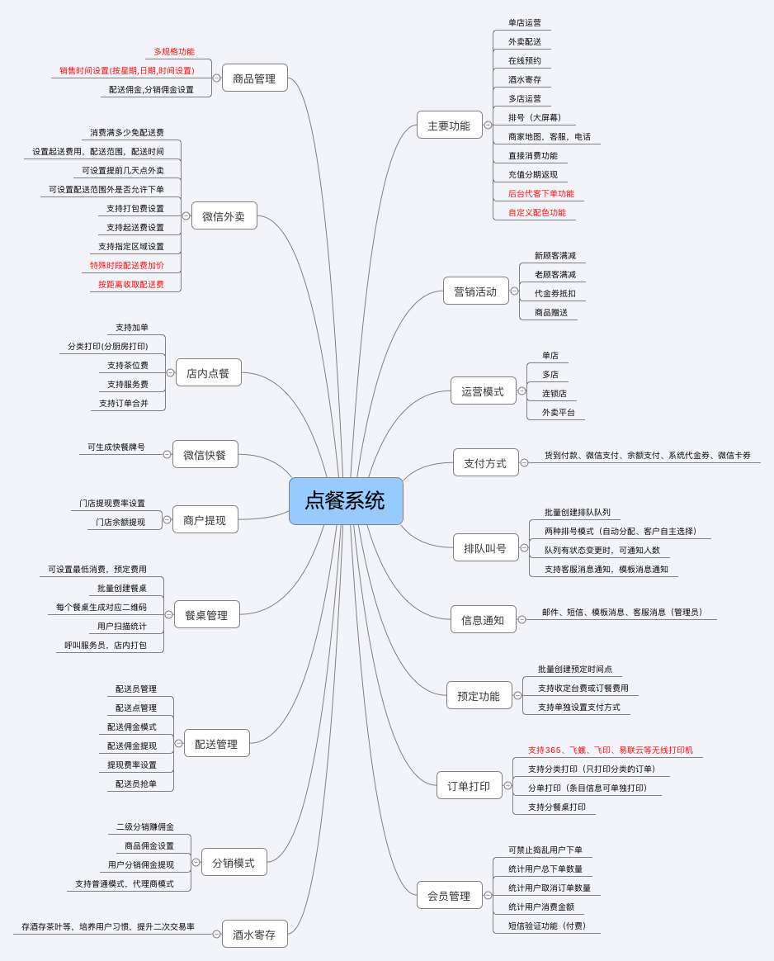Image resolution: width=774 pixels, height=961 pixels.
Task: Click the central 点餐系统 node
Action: coord(346,500)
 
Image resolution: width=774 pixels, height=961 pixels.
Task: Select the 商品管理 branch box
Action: coord(254,78)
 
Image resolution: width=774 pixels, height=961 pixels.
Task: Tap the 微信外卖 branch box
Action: coord(224,216)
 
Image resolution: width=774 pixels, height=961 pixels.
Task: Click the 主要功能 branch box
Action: coord(449,125)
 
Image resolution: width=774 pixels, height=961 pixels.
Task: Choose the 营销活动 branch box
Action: coord(475,291)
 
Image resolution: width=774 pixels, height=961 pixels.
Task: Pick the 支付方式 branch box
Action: coord(485,463)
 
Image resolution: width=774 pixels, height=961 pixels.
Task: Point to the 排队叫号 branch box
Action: coord(485,548)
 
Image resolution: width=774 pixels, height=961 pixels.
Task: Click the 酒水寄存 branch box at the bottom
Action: coord(254,935)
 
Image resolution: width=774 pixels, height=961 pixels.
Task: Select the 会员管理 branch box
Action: coord(449,896)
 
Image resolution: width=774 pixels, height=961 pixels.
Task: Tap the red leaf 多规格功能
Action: coord(174,51)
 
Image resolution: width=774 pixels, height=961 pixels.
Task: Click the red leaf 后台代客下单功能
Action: coord(541,194)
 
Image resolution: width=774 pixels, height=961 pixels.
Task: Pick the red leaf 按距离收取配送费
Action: coord(131,284)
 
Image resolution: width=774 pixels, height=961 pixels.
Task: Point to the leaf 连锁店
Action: coord(555,394)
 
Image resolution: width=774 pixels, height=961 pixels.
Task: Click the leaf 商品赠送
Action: coord(551,313)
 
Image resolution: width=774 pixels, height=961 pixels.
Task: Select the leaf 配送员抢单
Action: coord(136,783)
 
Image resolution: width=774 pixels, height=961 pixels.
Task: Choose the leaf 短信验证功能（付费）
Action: coord(547,926)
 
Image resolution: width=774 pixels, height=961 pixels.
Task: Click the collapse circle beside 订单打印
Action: coord(507,786)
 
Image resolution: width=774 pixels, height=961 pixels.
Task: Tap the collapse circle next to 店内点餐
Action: coord(170,372)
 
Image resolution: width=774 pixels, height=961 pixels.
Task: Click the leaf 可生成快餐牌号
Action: coord(116,447)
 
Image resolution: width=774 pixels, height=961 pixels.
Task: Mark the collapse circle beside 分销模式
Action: coord(196,862)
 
